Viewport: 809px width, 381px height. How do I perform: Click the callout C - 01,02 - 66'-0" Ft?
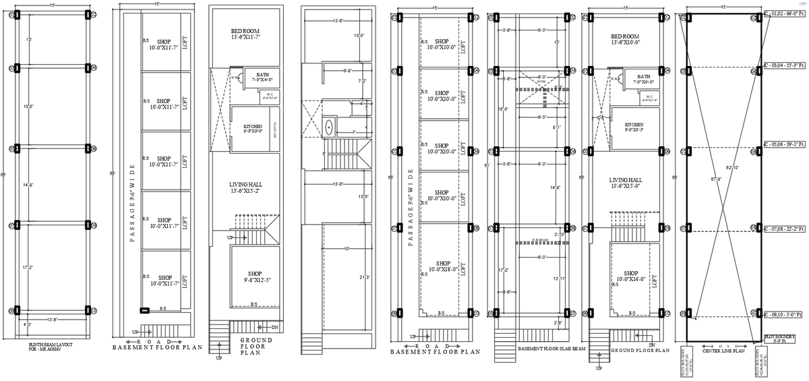[784, 13]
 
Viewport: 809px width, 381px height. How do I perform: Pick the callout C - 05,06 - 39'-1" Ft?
[784, 144]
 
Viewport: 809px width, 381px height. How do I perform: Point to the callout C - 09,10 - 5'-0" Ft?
[784, 314]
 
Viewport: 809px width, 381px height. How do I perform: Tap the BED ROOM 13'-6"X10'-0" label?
[625, 38]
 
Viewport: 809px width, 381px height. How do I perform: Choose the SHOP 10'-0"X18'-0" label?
[442, 266]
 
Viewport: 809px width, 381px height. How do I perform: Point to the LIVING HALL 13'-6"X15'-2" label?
[245, 186]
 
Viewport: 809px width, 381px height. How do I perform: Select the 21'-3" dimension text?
[364, 277]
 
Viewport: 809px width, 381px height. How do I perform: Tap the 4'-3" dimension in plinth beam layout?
[27, 325]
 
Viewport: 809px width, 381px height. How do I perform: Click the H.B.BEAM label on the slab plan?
[538, 239]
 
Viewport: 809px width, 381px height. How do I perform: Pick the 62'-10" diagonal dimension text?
[731, 167]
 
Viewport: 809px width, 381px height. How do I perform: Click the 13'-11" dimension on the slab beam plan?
[558, 277]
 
